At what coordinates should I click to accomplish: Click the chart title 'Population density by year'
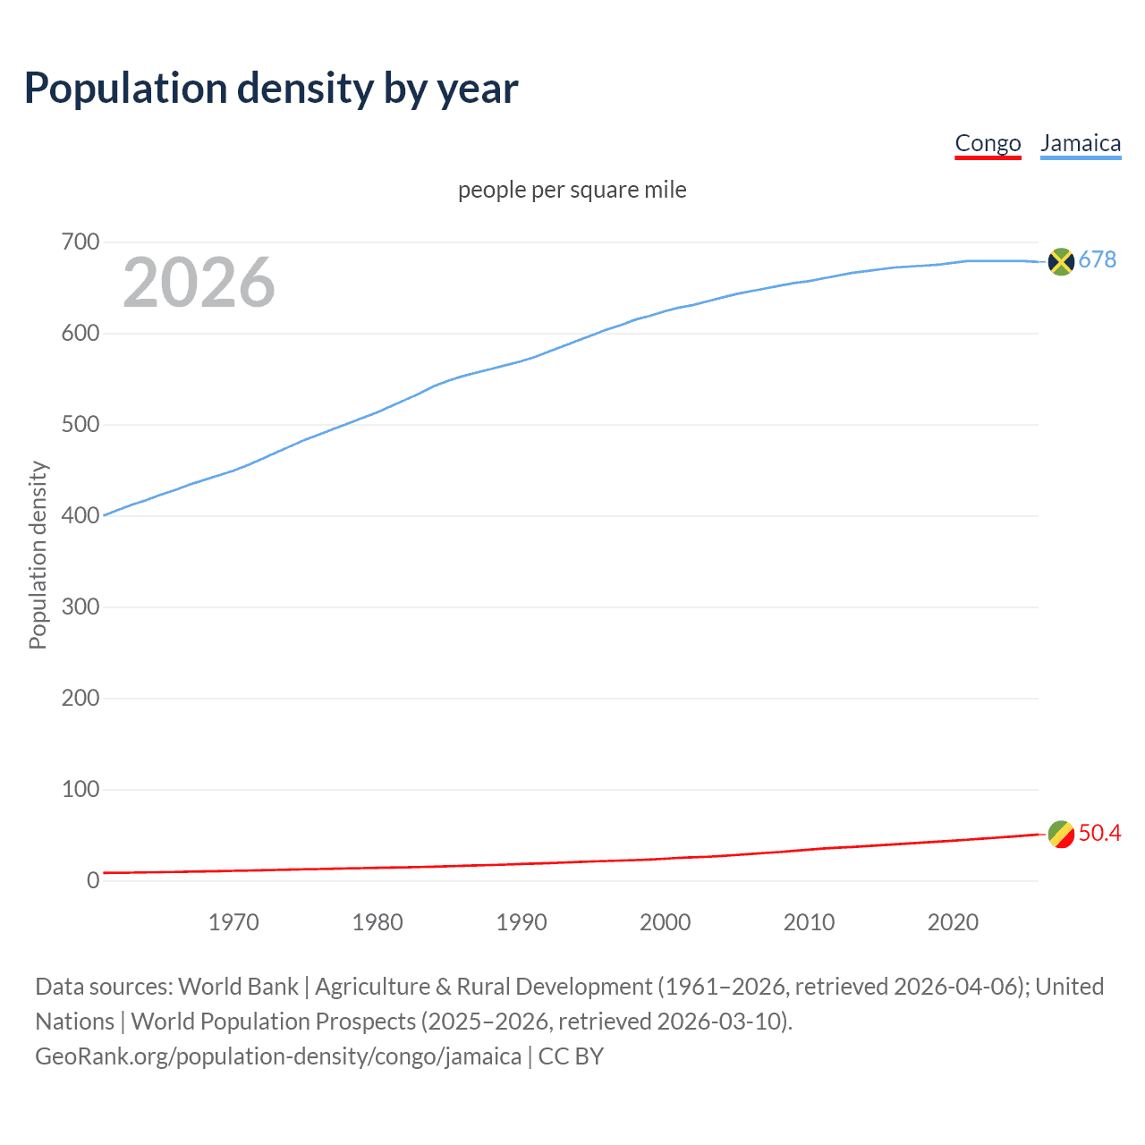(x=271, y=89)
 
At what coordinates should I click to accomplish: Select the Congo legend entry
(x=988, y=144)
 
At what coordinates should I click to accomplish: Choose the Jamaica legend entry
(x=1081, y=144)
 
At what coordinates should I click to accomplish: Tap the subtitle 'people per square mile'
(x=572, y=191)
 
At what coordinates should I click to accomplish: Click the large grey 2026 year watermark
(x=199, y=283)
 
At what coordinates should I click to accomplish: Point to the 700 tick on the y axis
(x=81, y=242)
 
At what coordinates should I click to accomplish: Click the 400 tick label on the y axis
(x=81, y=516)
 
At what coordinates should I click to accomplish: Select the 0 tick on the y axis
(x=93, y=881)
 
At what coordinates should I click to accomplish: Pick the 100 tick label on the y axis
(x=81, y=790)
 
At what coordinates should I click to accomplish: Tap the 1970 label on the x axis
(x=233, y=922)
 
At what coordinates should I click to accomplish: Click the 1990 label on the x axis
(x=522, y=922)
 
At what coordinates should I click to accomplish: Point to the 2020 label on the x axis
(x=953, y=922)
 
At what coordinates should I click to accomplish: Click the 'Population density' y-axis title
(x=38, y=555)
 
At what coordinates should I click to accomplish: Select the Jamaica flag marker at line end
(x=1061, y=261)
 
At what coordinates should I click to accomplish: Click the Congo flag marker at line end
(x=1061, y=834)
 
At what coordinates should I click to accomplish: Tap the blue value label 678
(x=1098, y=260)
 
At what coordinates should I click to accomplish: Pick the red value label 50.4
(x=1099, y=834)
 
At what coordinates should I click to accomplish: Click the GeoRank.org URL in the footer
(x=278, y=1056)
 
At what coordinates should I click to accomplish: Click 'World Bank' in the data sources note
(x=238, y=987)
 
